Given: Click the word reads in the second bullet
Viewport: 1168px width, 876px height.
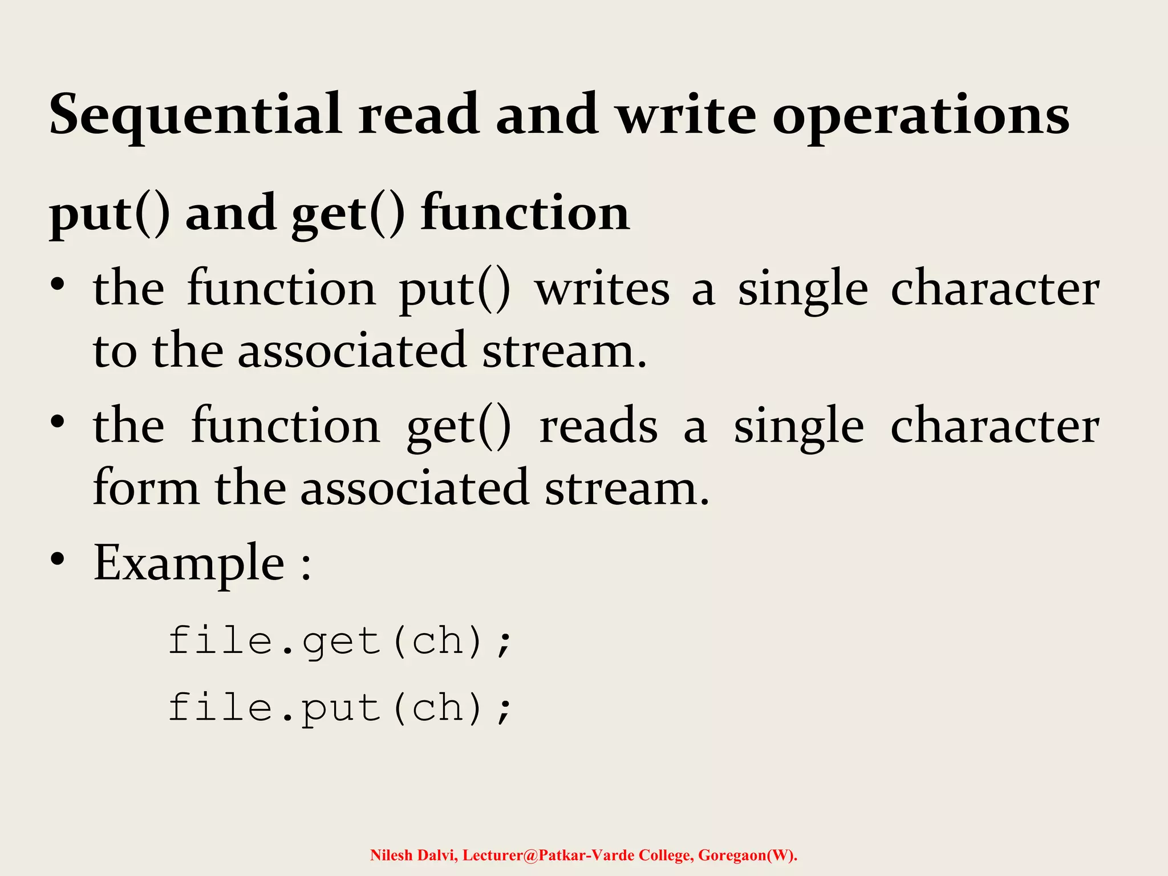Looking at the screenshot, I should [598, 427].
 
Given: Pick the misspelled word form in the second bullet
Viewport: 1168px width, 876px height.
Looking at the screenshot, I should [146, 488].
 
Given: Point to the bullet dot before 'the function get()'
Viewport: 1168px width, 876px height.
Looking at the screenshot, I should [57, 421].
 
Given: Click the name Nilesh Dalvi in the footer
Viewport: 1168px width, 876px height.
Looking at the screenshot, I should [413, 855].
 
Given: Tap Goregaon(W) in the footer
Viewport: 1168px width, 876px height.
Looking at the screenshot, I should [747, 855].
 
